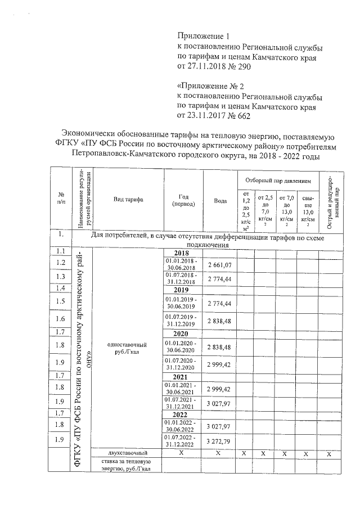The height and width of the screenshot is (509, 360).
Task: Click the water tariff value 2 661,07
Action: click(220, 265)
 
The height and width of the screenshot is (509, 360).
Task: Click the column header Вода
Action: click(220, 201)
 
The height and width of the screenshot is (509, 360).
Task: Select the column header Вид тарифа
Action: click(128, 200)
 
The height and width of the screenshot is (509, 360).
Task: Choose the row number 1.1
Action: click(61, 251)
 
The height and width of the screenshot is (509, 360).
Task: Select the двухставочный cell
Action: click(128, 453)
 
